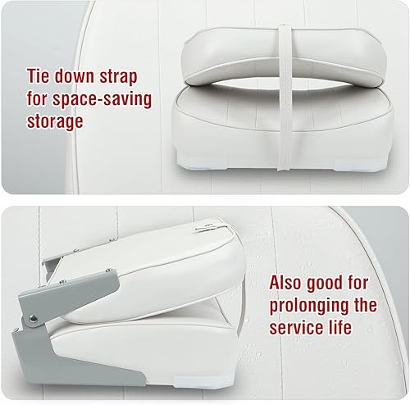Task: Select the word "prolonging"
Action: click(308, 307)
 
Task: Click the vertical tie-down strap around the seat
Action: click(285, 82)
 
